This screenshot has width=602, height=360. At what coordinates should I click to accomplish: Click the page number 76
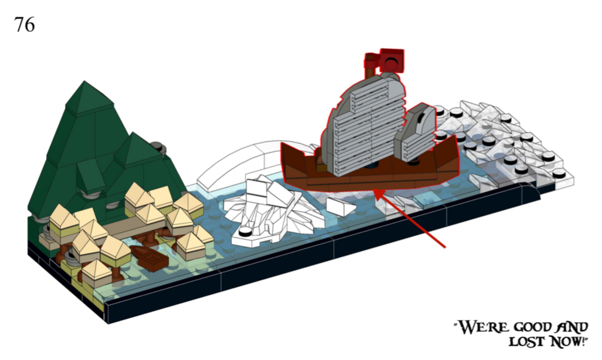[x=25, y=25]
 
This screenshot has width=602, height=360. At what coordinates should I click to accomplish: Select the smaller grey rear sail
[x=416, y=132]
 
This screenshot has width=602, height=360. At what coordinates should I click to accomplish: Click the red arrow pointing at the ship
[x=410, y=218]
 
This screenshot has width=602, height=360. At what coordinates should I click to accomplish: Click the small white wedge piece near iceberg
[x=341, y=207]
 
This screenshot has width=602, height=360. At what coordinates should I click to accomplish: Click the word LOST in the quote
[x=527, y=341]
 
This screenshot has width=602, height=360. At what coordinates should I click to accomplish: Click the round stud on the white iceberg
[x=246, y=231]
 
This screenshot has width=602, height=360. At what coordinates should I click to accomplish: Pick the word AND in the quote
[x=573, y=326]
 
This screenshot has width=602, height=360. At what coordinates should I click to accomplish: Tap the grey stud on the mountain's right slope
[x=157, y=146]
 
